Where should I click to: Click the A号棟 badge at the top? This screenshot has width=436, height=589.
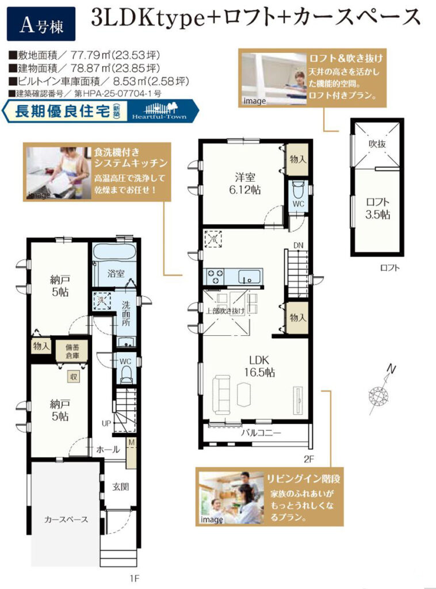[x=41, y=24]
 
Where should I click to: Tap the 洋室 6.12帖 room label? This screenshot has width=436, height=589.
[x=245, y=183]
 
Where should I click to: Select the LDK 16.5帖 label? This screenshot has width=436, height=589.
[x=259, y=366]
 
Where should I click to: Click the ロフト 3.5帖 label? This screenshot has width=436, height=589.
[x=377, y=208]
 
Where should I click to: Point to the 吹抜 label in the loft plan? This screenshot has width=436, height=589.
[x=377, y=144]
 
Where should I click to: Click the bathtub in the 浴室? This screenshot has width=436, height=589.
[x=114, y=252]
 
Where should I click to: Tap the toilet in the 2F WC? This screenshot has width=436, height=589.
[x=298, y=189]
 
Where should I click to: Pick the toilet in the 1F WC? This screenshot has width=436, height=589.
[x=126, y=374]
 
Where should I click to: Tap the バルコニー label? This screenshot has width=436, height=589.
[x=261, y=433]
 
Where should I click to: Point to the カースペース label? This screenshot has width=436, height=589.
[x=66, y=519]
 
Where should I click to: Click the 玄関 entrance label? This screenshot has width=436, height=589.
[x=121, y=487]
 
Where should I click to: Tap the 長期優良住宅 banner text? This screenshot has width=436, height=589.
[x=62, y=111]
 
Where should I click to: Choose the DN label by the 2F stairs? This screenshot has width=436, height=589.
[x=298, y=245]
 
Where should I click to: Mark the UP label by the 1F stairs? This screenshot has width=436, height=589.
[x=106, y=423]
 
